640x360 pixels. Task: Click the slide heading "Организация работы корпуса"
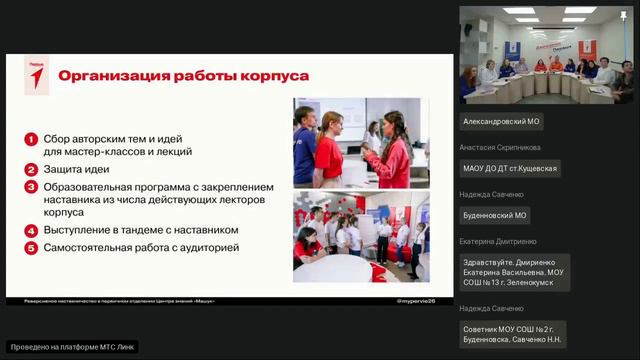click(183, 76)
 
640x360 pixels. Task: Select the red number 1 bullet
click(32, 139)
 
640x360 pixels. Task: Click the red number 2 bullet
click(32, 169)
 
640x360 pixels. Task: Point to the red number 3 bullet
click(32, 186)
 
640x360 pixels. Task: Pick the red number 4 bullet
click(32, 230)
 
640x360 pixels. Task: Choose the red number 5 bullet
click(32, 247)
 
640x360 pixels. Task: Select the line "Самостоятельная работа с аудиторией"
click(140, 247)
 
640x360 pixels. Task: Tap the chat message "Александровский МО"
click(501, 122)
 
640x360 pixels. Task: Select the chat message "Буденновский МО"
click(495, 215)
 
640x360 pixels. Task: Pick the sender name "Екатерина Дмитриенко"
click(497, 241)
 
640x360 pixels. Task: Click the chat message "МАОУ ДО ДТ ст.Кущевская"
click(509, 168)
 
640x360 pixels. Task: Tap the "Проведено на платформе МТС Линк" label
click(72, 347)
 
